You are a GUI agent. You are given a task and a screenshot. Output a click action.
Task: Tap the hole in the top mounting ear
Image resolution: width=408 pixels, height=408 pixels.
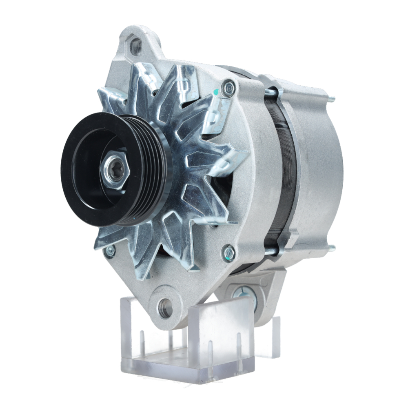point(136,46)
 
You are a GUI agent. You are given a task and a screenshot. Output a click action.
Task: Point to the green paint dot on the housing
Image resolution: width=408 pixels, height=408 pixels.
point(216,93)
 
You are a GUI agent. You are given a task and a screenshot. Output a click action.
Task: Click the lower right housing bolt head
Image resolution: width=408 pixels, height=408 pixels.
point(229,252)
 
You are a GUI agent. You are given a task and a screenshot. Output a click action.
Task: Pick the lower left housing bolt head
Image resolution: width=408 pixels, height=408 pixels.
point(109,251)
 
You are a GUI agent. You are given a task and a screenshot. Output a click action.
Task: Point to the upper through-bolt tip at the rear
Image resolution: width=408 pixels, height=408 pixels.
point(331,98)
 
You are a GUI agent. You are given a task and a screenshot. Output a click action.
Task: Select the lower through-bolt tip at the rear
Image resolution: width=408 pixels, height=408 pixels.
point(331,247)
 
